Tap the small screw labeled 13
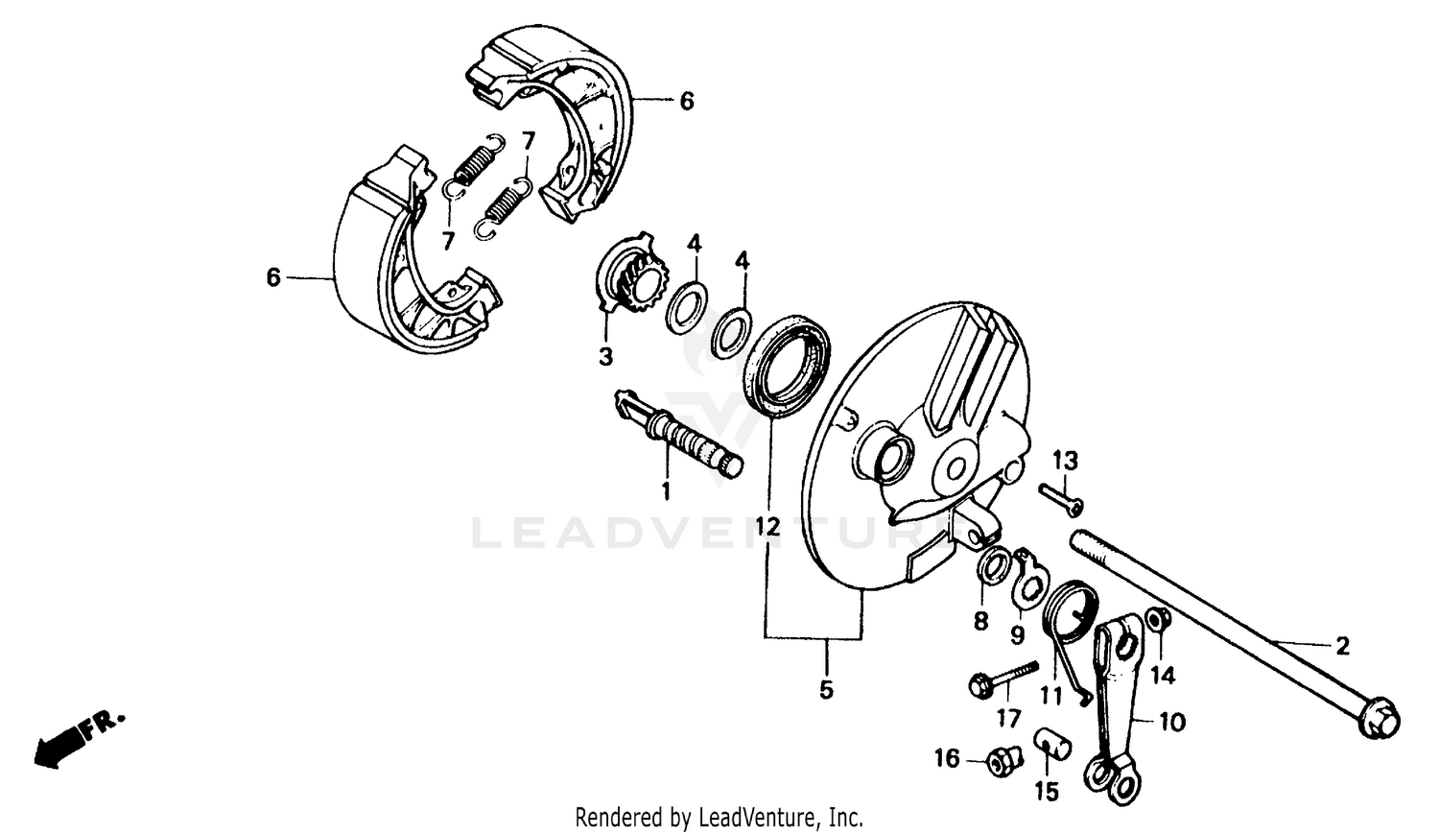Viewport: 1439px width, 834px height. coord(1060,498)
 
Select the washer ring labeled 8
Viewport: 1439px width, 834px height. coord(992,567)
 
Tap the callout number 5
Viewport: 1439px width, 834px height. coord(826,689)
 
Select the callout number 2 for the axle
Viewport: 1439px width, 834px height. coord(1342,646)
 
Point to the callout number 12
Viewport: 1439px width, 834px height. coord(767,526)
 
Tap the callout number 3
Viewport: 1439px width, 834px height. coord(605,357)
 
